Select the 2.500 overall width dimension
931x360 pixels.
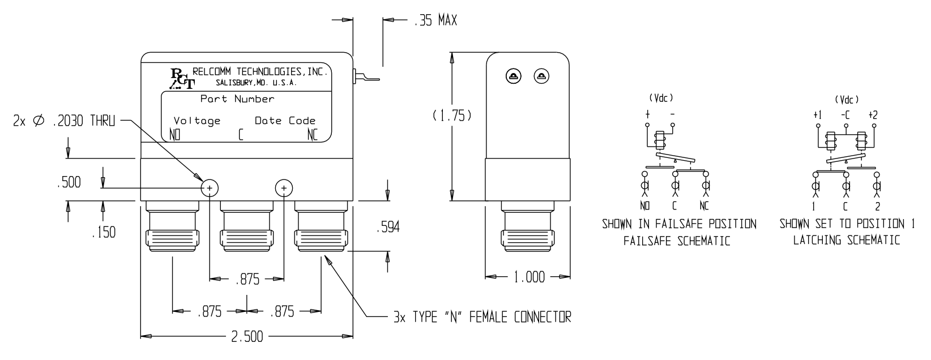(x=246, y=337)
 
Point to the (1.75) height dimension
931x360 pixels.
(x=451, y=115)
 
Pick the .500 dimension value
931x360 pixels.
(x=69, y=182)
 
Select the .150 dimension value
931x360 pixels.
(x=103, y=232)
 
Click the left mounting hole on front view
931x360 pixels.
(x=210, y=188)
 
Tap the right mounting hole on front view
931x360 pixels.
(x=284, y=188)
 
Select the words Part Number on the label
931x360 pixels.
(x=237, y=99)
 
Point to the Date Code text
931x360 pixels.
(x=285, y=121)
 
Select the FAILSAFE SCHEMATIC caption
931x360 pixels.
(x=676, y=241)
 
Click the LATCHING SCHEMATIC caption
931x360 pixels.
(x=846, y=240)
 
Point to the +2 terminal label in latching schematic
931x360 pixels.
(x=873, y=115)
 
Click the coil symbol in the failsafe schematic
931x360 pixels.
(x=660, y=142)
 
